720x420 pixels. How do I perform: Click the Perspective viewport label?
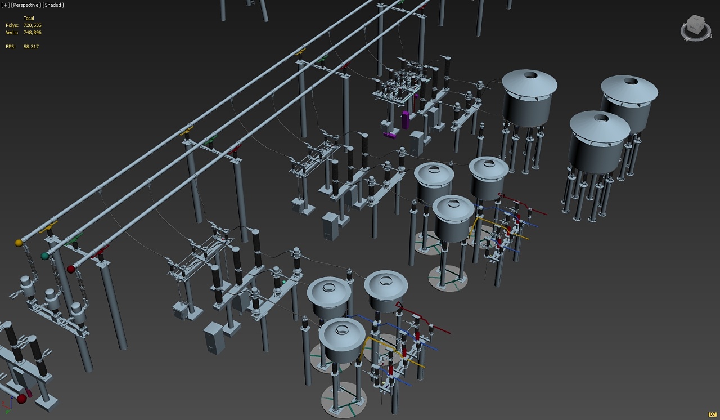tap(26, 5)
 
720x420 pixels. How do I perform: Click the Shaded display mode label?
tap(53, 5)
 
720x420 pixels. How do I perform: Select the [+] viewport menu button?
tap(6, 5)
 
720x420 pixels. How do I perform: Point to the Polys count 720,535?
tap(33, 25)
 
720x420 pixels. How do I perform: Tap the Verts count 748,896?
tap(33, 33)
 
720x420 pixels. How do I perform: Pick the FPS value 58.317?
tap(31, 47)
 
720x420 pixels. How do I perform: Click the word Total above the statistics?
tap(29, 19)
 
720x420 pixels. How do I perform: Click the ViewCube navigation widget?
tap(696, 28)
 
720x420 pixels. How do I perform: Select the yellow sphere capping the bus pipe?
tap(19, 243)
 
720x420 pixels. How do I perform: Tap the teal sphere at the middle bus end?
tap(44, 256)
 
